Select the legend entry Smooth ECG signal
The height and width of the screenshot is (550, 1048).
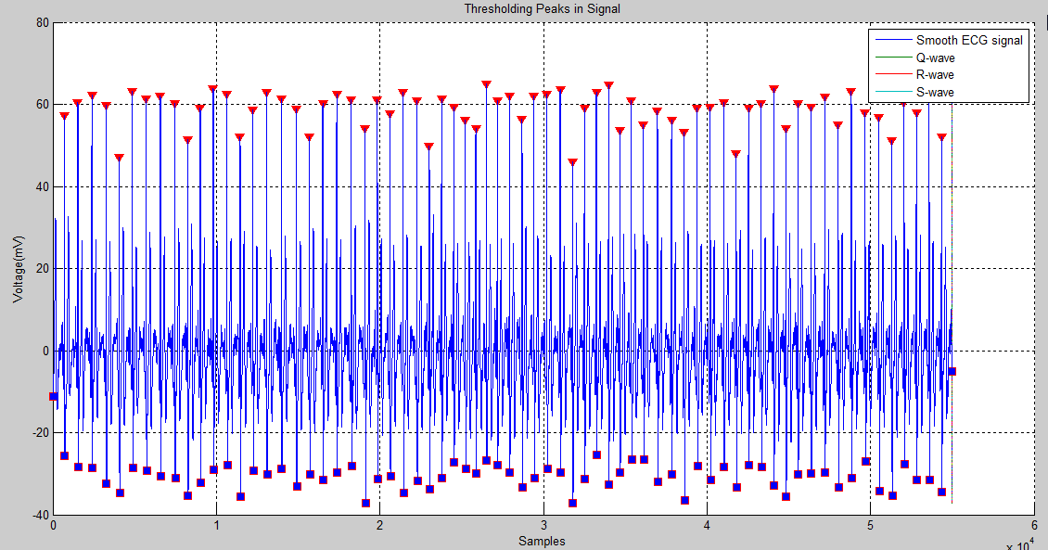point(969,41)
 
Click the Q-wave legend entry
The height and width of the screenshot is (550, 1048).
point(935,58)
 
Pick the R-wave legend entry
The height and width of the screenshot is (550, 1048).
point(935,74)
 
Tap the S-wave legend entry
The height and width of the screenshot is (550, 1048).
point(935,92)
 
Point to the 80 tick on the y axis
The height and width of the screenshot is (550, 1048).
point(42,22)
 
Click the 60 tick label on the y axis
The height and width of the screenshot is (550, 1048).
point(42,105)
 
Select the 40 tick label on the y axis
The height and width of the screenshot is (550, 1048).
point(42,186)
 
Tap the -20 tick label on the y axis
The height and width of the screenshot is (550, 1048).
point(38,432)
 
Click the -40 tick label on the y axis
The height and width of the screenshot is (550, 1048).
point(38,514)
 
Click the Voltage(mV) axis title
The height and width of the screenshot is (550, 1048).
point(18,269)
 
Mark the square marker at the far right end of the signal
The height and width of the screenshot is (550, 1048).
point(952,371)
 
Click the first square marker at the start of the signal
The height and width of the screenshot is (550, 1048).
point(53,397)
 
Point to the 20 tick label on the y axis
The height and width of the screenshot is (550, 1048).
point(42,269)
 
